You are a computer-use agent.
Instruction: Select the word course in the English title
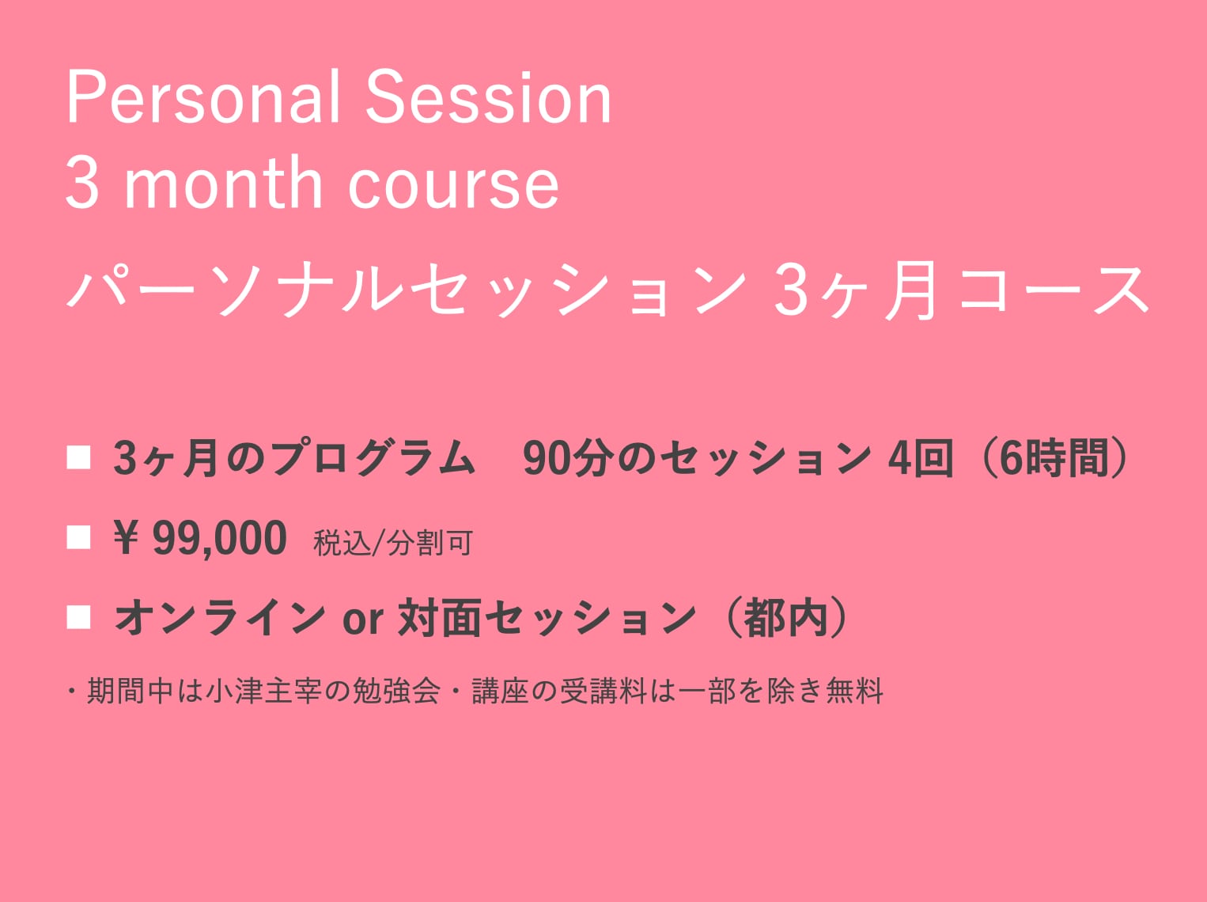(x=454, y=187)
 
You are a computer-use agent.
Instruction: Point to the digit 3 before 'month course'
(x=83, y=183)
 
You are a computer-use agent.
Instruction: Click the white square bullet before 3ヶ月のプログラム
(x=78, y=457)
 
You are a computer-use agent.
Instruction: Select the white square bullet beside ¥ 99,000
(x=78, y=537)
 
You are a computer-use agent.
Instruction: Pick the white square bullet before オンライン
(x=78, y=617)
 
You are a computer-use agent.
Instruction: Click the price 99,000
(x=220, y=539)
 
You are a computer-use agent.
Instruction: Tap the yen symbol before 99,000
(x=126, y=537)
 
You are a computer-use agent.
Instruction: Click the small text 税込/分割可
(x=392, y=543)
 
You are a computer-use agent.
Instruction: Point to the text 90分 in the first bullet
(x=567, y=458)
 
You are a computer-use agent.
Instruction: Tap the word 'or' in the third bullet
(x=362, y=620)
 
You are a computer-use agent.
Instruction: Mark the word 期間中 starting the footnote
(x=131, y=691)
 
